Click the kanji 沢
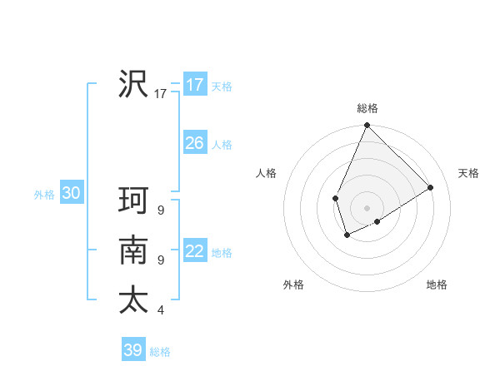coord(133,83)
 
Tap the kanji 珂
coord(133,201)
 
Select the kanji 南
coord(133,250)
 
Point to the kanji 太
coord(133,299)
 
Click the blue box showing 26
coord(194,143)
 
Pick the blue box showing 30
coord(71,194)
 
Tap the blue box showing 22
coord(194,251)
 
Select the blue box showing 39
coord(132,350)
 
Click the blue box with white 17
coord(194,85)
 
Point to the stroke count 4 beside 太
coord(161,310)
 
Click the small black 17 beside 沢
coord(161,94)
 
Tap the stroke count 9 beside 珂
coord(161,210)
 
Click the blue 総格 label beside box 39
coord(161,352)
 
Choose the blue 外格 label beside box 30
coord(44,195)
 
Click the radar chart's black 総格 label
coord(367,108)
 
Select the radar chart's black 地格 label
coord(437,285)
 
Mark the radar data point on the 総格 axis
coord(367,126)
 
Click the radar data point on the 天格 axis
coord(431,187)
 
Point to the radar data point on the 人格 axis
coord(335,198)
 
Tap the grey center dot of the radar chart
coord(367,208)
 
